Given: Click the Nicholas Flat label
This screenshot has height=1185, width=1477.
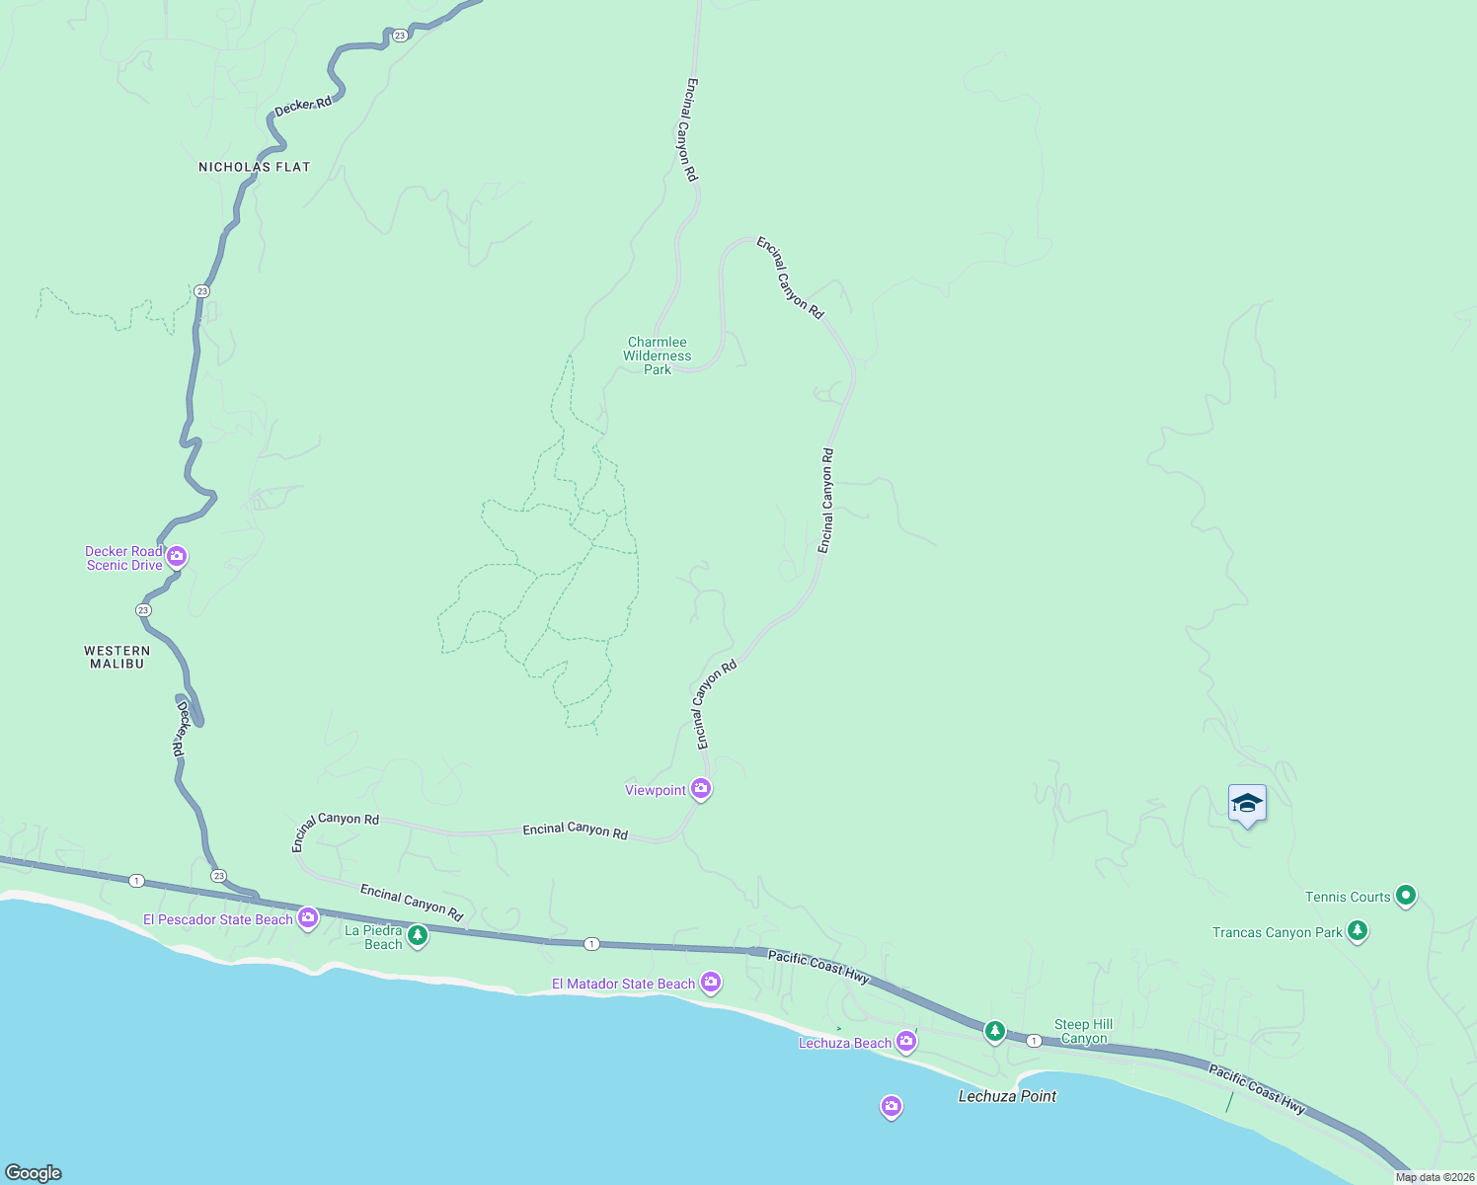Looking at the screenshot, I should pos(254,167).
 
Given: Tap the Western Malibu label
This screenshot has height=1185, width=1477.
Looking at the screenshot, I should pos(117,657).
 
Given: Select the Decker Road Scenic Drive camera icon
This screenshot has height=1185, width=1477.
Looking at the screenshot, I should pos(177,557).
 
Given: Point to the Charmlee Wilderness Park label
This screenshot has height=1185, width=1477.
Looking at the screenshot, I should pos(658,355).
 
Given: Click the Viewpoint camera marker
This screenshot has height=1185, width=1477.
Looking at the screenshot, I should pos(701,788).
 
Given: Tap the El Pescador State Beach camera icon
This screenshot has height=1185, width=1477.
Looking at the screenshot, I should pos(308,918).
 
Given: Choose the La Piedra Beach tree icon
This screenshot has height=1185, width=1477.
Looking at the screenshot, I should pos(418,935).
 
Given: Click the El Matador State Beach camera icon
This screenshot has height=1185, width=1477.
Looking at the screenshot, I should pos(711,982).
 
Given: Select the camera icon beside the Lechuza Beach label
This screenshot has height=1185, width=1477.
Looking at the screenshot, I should pos(906,1041).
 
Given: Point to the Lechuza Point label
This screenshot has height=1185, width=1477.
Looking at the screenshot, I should pos(1007,1096).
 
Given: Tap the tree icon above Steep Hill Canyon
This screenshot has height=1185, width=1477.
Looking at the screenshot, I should pos(995,1032).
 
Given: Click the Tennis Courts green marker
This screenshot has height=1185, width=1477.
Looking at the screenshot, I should pos(1407,896).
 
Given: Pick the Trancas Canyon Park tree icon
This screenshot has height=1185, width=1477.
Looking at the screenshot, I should pos(1358,930).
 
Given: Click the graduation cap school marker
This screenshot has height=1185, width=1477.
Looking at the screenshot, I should pos(1247,803).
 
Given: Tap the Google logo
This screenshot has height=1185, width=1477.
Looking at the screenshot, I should pos(34,1173).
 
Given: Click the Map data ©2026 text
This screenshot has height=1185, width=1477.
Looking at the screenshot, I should pos(1435,1177).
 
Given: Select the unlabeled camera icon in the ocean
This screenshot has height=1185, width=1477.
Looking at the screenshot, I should pos(892,1106).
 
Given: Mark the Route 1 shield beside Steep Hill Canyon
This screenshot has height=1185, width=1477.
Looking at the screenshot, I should pos(1033,1041).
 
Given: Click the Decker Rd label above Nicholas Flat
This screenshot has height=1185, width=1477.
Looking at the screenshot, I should pos(303,106).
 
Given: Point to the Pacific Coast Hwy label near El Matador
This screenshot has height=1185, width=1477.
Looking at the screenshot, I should pos(818,967).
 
